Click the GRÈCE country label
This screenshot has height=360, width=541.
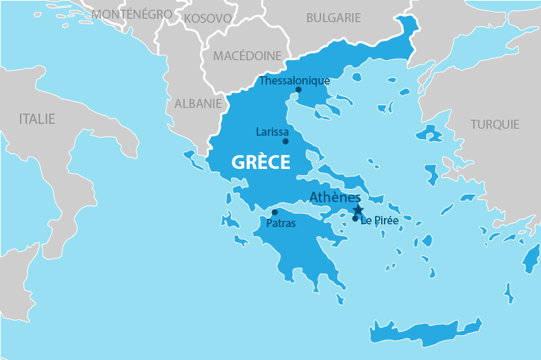click(x=260, y=163)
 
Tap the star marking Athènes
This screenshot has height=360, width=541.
click(x=358, y=210)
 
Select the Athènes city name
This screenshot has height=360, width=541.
click(x=335, y=197)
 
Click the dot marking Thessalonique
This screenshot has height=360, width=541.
click(x=298, y=89)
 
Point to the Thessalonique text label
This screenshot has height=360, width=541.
click(x=294, y=80)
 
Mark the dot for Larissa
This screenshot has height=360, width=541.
click(x=285, y=141)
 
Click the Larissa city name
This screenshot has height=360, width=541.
click(x=272, y=132)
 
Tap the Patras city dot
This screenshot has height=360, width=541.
click(x=275, y=213)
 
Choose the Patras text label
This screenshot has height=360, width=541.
click(x=281, y=224)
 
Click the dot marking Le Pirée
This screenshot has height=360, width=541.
click(x=355, y=219)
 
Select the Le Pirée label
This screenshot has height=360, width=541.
click(x=379, y=220)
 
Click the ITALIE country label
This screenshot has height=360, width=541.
click(x=37, y=119)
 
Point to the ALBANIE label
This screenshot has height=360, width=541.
click(x=198, y=103)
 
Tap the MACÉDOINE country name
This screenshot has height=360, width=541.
click(x=247, y=55)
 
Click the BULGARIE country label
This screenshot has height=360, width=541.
click(x=333, y=18)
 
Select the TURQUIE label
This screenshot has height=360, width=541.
click(x=495, y=125)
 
